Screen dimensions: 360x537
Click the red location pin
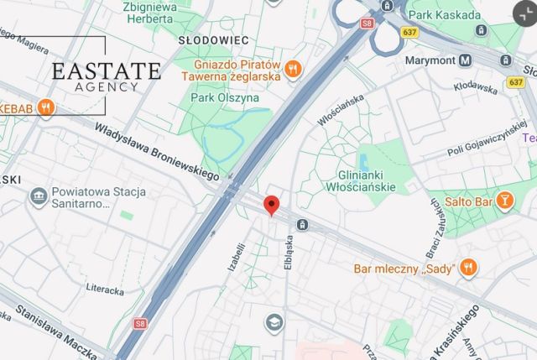point(271,205)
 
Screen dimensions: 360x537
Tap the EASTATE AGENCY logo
point(106,76)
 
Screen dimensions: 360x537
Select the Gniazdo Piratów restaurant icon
point(293,70)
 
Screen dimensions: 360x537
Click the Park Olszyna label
point(225,97)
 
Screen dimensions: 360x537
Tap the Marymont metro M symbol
point(464,60)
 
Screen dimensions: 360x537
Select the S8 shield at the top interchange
point(367,23)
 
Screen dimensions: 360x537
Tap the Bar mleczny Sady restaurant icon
point(468,269)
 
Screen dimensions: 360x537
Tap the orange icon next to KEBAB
point(46,107)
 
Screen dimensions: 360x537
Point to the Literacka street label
point(104,290)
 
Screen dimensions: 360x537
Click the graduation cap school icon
point(274,322)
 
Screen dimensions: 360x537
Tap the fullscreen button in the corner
point(523,11)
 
